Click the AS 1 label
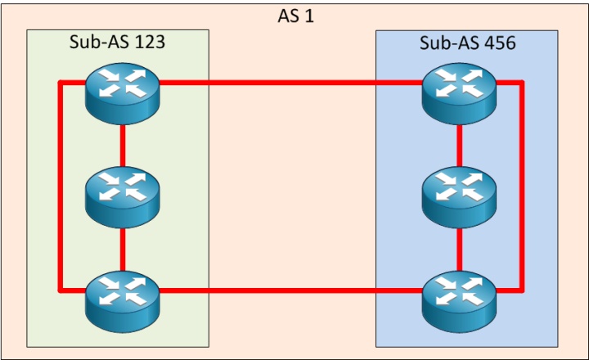295,16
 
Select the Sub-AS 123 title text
117,43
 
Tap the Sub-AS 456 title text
467,43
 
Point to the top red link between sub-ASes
290,83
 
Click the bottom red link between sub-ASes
290,290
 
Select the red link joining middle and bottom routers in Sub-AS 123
122,247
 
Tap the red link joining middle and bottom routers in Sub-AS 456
459,247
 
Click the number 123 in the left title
147,43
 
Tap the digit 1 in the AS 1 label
309,16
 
